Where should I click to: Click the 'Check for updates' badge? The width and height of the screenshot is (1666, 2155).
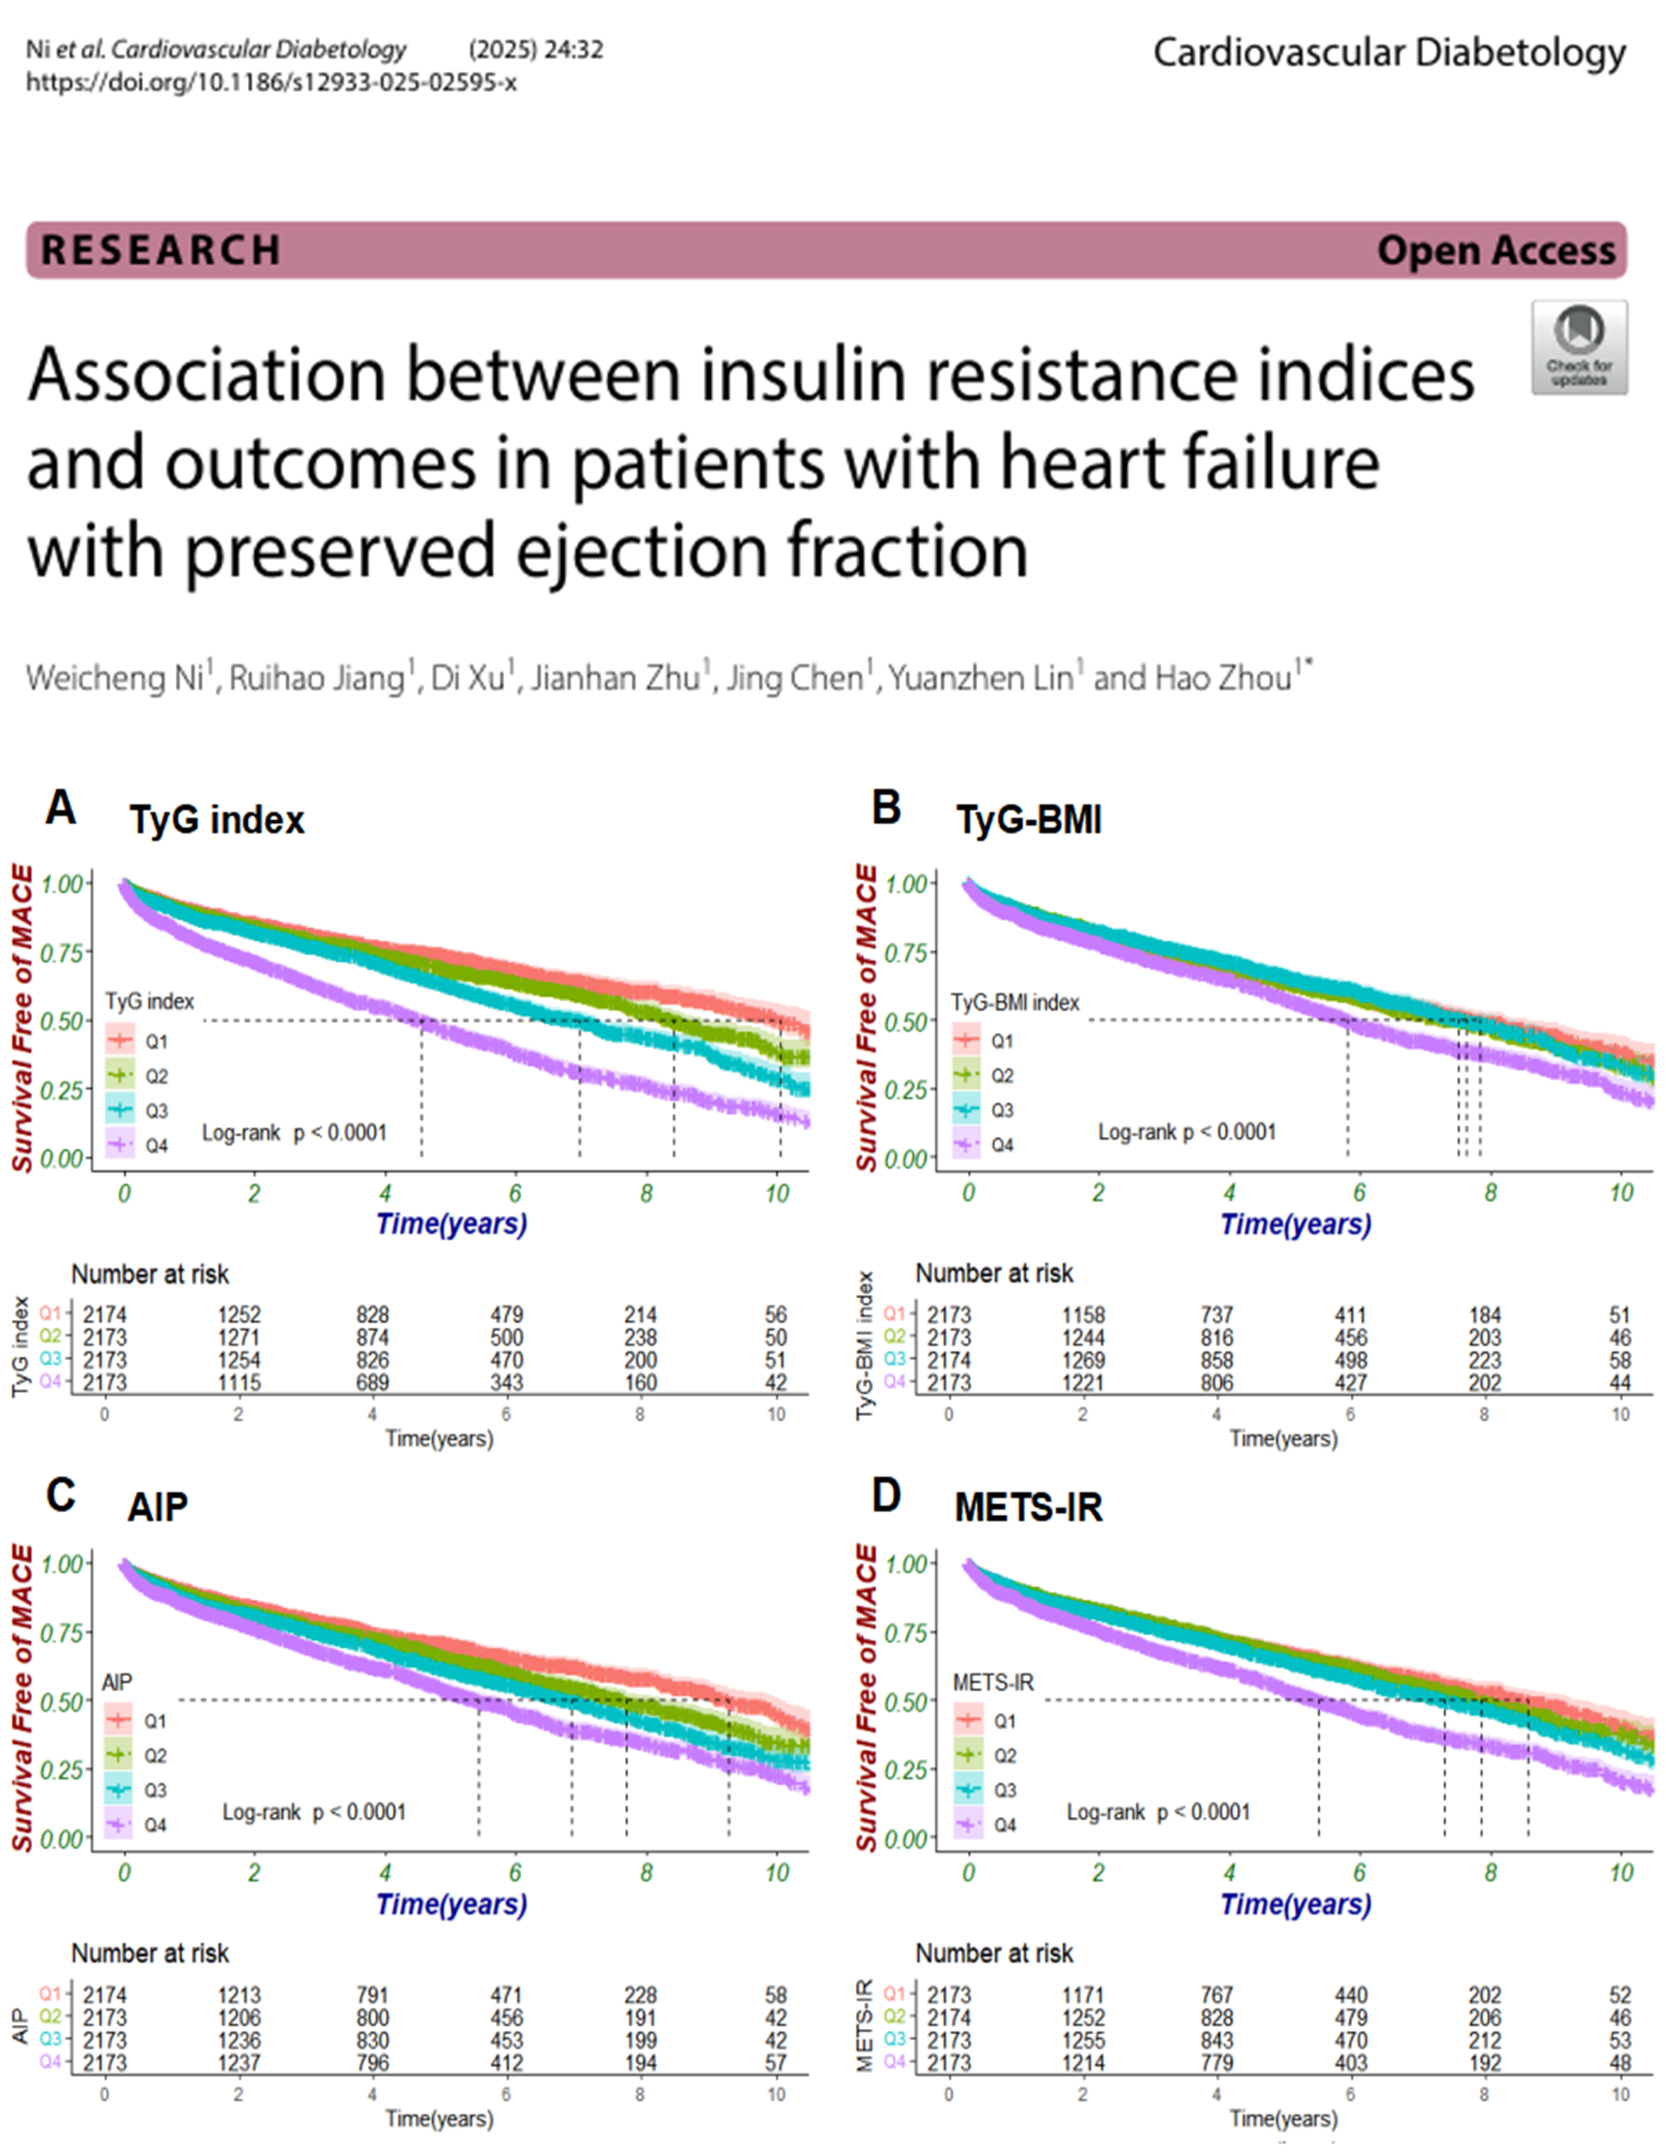tap(1579, 347)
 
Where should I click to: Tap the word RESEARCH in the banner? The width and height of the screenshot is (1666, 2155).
tap(161, 249)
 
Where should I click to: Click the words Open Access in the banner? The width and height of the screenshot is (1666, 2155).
tap(1496, 250)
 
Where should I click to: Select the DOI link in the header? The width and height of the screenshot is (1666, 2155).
tap(270, 82)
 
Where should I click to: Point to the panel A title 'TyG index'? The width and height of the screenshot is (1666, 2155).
tap(216, 820)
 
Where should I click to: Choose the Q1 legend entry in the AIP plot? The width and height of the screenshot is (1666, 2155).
tap(155, 1720)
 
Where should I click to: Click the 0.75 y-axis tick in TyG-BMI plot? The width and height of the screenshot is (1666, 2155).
tap(906, 952)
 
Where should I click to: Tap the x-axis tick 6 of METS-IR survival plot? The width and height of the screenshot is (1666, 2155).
tap(1359, 1872)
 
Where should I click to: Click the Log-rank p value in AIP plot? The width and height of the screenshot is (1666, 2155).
tap(314, 1812)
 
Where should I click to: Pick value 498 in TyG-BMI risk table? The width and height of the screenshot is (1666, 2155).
tap(1350, 1360)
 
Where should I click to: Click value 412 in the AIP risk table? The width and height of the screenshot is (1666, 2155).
tap(506, 2062)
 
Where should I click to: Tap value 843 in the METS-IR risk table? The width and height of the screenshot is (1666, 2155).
tap(1217, 2040)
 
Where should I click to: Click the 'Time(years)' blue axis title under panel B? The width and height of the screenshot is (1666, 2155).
tap(1295, 1225)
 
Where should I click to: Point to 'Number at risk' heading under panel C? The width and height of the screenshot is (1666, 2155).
tap(149, 1953)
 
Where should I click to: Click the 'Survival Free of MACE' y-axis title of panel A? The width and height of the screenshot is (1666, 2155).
tap(22, 1018)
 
